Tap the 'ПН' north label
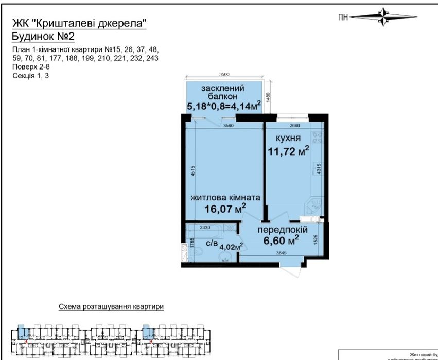343,17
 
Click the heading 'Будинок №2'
43,36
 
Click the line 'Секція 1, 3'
31,76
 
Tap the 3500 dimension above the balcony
224,75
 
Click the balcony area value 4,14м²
245,107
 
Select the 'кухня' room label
288,139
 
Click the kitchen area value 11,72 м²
288,151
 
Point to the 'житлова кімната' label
225,197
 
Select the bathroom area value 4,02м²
231,247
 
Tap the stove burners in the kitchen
318,136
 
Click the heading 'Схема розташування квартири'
111,307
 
